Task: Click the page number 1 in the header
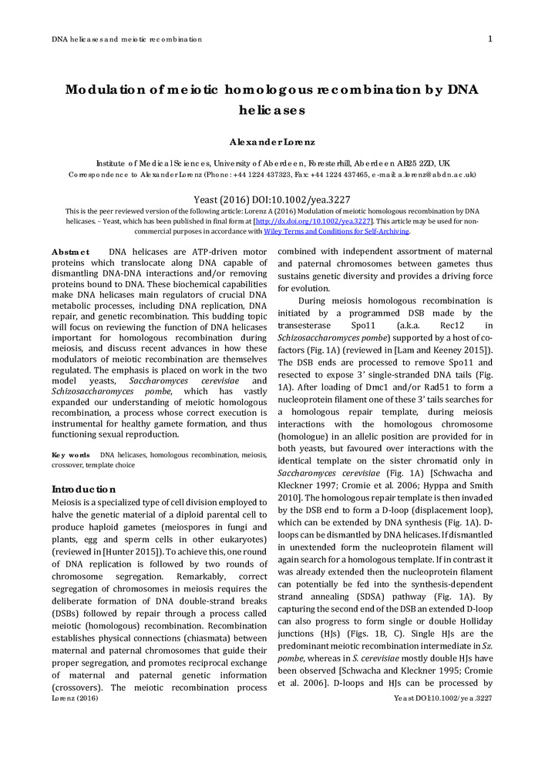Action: pyautogui.click(x=490, y=38)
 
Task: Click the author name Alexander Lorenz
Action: pyautogui.click(x=272, y=142)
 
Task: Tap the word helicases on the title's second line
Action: pyautogui.click(x=272, y=109)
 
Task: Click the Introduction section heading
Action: pyautogui.click(x=83, y=489)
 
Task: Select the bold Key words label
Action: pyautogui.click(x=70, y=455)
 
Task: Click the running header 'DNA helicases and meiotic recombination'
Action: pyautogui.click(x=126, y=39)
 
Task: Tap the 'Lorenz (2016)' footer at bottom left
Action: pyautogui.click(x=75, y=698)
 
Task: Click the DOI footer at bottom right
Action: pyautogui.click(x=442, y=698)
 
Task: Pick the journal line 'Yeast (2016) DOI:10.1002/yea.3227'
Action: pyautogui.click(x=272, y=198)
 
